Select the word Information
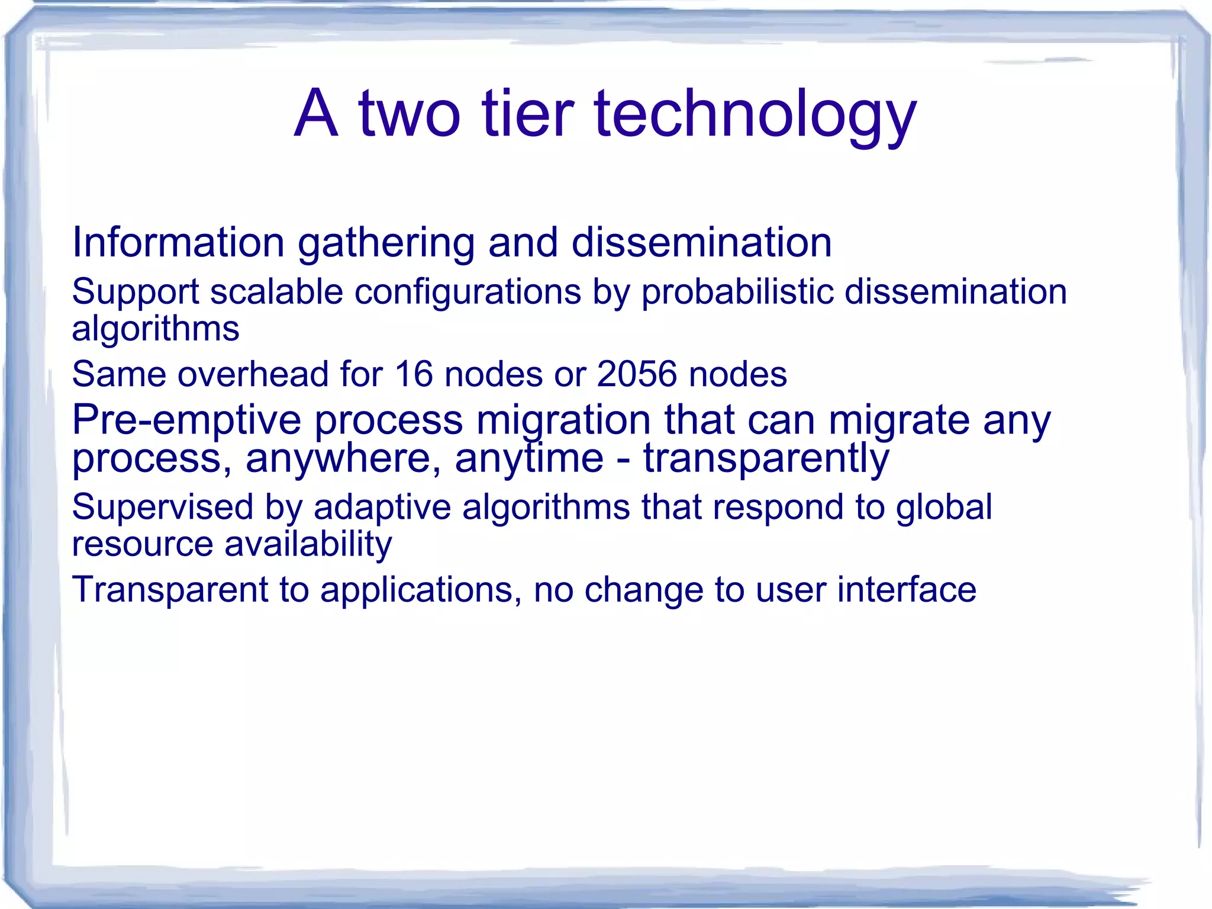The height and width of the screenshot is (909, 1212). (178, 242)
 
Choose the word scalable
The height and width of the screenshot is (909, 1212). (276, 291)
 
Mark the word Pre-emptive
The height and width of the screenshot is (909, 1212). (186, 421)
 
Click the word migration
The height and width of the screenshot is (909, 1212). (563, 421)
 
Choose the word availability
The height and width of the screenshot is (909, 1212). (308, 544)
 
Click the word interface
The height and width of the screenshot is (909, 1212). (906, 590)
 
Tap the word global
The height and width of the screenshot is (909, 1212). (943, 508)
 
